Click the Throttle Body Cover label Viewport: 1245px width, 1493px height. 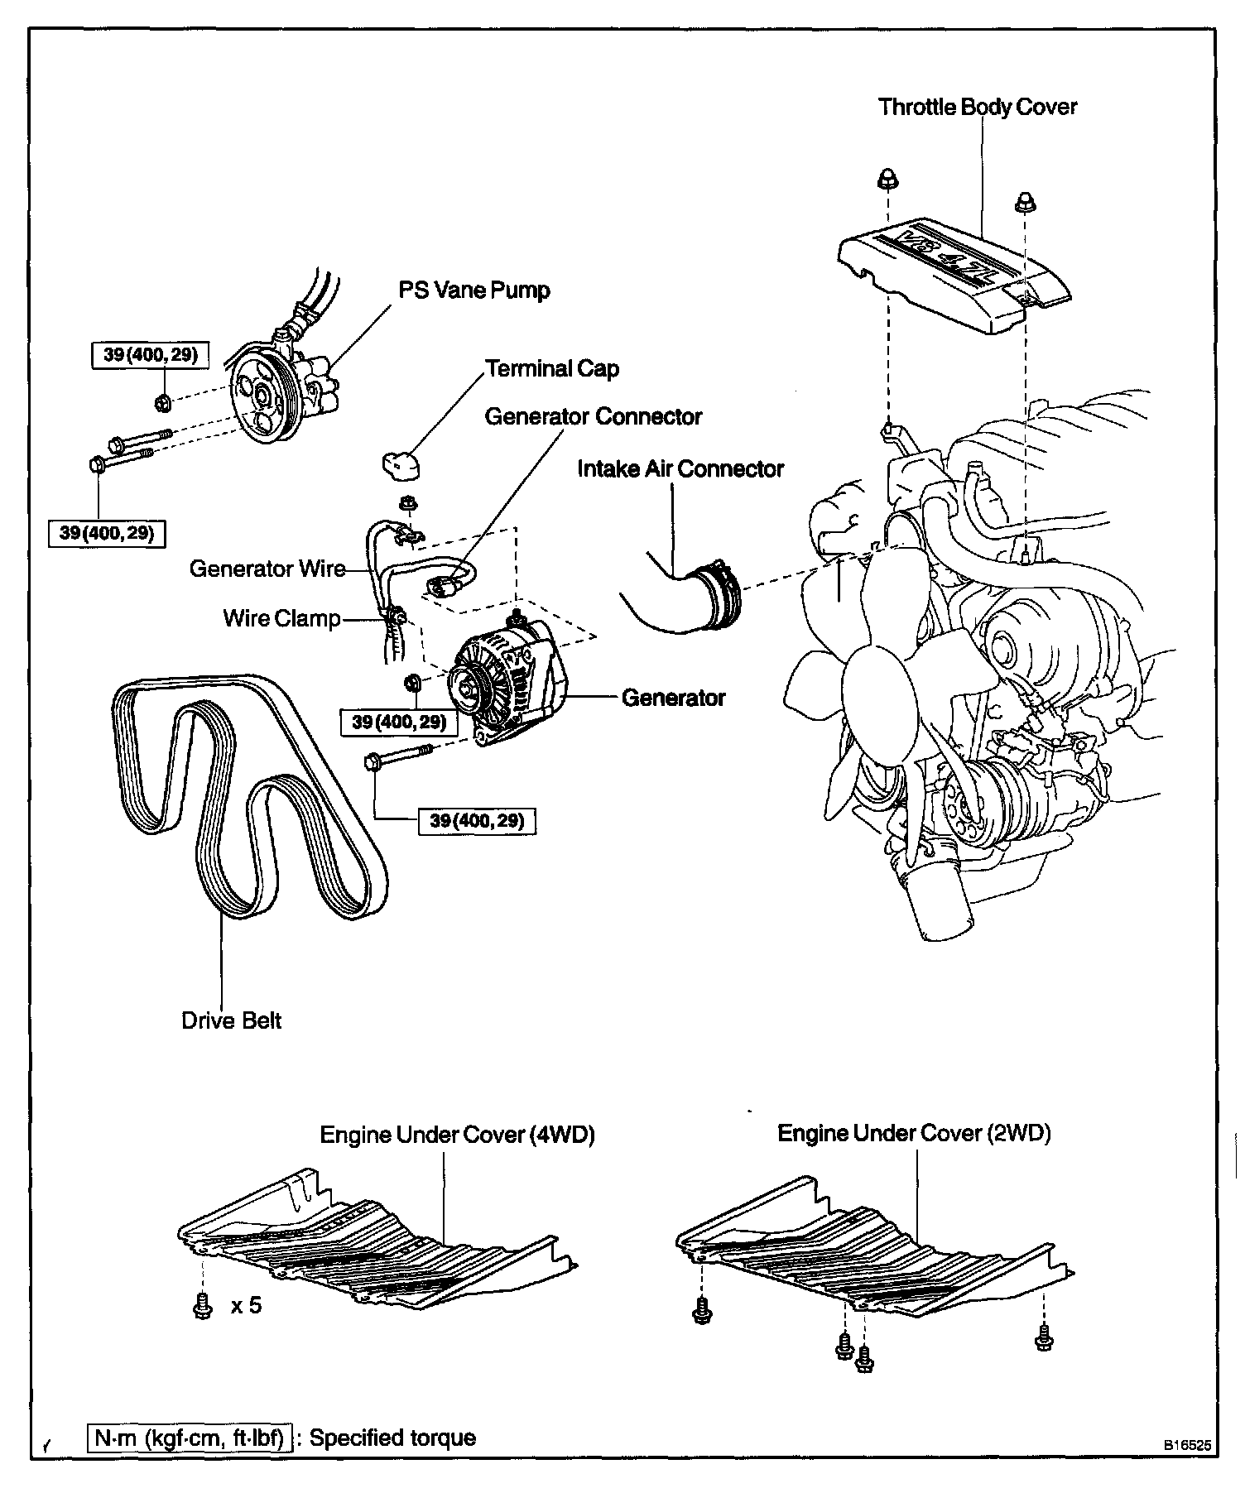coord(977,108)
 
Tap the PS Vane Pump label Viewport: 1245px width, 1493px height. coord(473,290)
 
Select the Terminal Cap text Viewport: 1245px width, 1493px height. coord(552,369)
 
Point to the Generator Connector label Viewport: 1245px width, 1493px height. coord(593,416)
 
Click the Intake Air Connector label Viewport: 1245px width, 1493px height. coord(680,469)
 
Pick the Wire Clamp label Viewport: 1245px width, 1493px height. coord(281,619)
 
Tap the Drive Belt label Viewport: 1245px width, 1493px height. coord(231,1020)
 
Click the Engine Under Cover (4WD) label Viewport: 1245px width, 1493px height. coord(457,1135)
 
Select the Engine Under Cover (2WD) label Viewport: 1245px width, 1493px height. coord(914,1133)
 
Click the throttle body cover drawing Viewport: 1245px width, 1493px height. coord(952,273)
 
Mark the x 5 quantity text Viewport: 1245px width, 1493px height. coord(246,1306)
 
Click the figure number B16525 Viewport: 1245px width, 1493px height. coord(1187,1446)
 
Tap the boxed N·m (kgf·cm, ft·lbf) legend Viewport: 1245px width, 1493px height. coord(190,1438)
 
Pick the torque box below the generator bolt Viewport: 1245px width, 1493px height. coord(478,821)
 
